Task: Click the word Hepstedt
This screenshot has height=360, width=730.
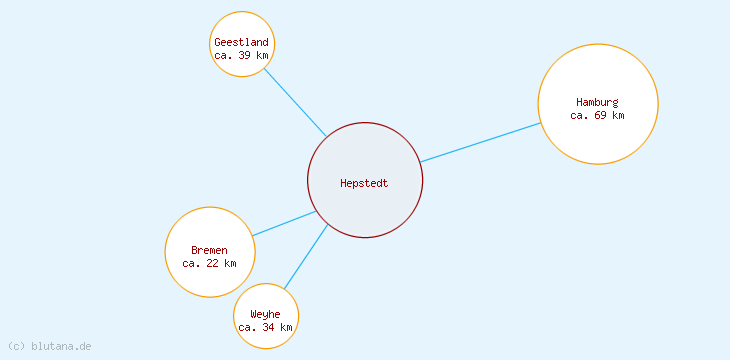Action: (x=364, y=183)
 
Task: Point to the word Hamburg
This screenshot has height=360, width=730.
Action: (x=597, y=102)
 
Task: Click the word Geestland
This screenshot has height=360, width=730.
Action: (x=241, y=42)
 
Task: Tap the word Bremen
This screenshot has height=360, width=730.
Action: (x=209, y=250)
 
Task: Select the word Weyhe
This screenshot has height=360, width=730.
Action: (x=265, y=314)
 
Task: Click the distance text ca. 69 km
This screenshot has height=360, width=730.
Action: (x=597, y=115)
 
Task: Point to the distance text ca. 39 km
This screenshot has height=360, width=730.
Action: (x=241, y=55)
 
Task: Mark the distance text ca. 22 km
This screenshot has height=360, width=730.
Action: (x=209, y=263)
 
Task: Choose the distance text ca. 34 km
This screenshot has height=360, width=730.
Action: (x=265, y=327)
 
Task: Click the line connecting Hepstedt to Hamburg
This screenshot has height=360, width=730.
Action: (x=480, y=142)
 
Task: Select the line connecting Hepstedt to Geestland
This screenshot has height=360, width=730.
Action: (x=295, y=104)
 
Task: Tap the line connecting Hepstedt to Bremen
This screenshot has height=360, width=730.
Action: (x=284, y=223)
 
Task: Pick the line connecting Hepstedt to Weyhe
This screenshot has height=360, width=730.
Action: (x=306, y=257)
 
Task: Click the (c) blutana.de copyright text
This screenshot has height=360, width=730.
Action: (x=50, y=346)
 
